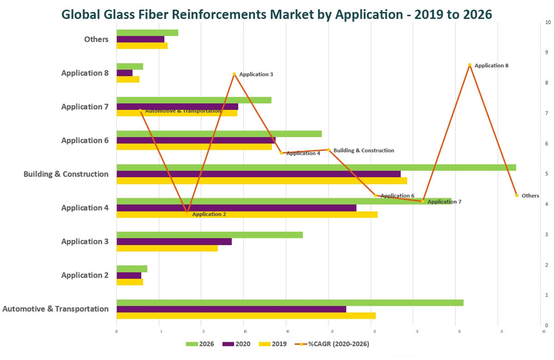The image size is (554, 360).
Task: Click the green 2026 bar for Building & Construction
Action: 316,167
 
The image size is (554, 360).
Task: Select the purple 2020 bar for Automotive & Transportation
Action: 231,309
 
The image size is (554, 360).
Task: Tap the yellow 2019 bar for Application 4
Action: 247,214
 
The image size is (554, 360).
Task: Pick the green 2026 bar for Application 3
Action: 209,235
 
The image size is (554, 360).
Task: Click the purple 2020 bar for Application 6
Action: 196,140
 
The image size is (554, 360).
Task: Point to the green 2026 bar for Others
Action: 147,33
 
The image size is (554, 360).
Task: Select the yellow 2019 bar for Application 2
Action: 130,282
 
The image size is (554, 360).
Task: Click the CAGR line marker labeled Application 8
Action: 470,65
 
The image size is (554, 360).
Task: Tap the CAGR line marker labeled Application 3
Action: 234,74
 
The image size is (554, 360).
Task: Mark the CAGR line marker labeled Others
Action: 516,196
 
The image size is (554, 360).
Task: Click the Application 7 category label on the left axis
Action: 85,107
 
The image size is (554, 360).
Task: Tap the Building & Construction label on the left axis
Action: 66,174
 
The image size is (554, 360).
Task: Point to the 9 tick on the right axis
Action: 547,53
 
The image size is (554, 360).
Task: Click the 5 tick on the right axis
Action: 547,174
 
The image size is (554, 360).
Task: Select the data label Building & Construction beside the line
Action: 363,151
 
